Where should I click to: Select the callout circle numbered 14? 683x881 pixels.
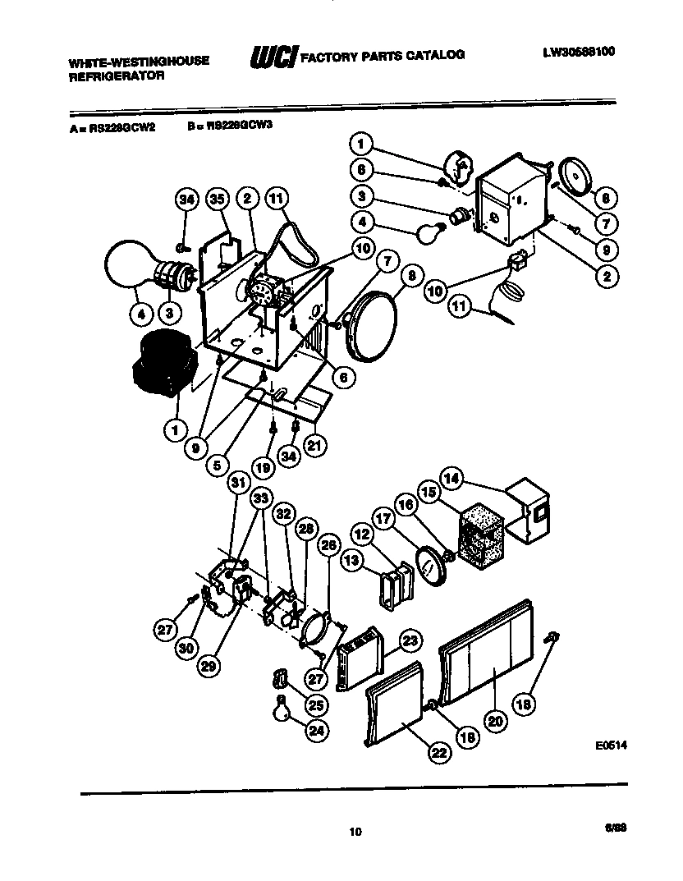[x=452, y=477]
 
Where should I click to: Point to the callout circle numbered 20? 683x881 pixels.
[x=494, y=721]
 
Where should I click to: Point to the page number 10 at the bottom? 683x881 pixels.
[x=355, y=832]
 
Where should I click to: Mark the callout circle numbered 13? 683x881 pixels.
[x=351, y=560]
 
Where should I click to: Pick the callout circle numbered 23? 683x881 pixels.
[x=410, y=640]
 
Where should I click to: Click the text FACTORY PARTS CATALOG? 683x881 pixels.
[x=383, y=55]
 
